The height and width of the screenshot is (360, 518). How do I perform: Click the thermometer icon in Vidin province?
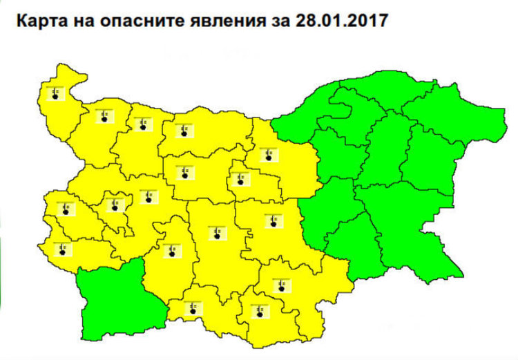click(55, 93)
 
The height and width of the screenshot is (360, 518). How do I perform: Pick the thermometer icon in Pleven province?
click(183, 129)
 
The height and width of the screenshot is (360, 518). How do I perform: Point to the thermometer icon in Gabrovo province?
click(239, 178)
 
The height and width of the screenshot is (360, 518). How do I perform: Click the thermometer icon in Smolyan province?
click(189, 307)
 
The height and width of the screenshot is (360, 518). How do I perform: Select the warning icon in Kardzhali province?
click(260, 310)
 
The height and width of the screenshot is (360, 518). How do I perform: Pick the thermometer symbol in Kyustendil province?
click(64, 247)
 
